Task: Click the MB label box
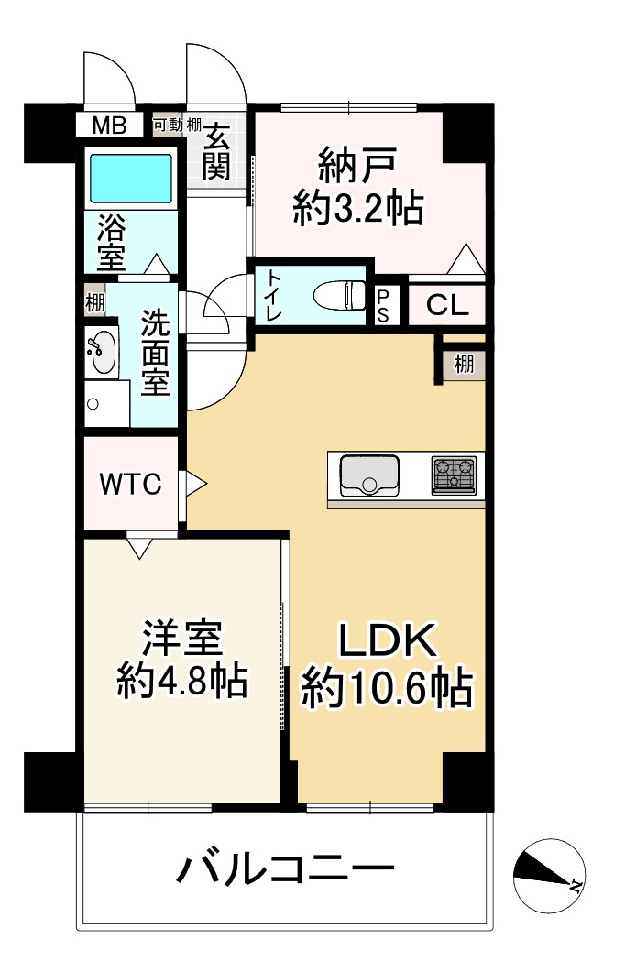point(110,126)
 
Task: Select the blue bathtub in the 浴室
point(131,178)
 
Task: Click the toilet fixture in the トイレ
point(340,294)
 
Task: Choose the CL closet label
point(447,305)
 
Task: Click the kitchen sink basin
point(369,475)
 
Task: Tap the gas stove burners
point(454,475)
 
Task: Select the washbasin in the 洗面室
point(101,352)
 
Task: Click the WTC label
point(131,484)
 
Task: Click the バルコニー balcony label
point(285,870)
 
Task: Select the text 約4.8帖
point(182,680)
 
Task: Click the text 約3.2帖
point(358,208)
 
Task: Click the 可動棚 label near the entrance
point(177,125)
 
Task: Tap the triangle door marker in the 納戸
point(466,258)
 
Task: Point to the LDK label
point(388,641)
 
